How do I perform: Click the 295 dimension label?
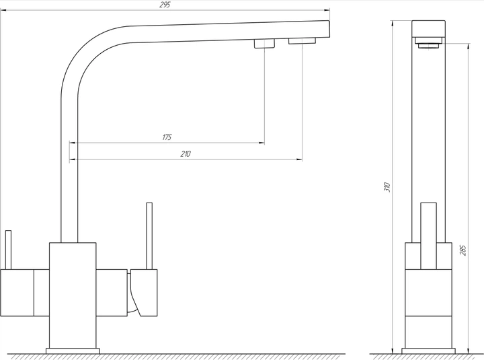coord(165,5)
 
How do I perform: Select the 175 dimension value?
coord(167,137)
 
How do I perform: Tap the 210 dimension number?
coord(186,154)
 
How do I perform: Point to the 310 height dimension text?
coord(387,187)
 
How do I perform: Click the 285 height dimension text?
coord(463,250)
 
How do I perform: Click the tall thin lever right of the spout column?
coord(149,236)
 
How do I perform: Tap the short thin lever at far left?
coord(8,250)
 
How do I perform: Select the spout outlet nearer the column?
coord(265,44)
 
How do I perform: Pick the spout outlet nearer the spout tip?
coord(302,41)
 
